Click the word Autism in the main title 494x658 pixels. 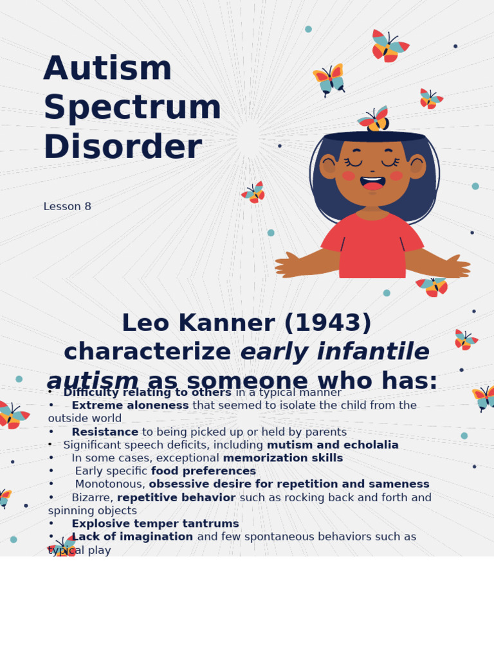pyautogui.click(x=107, y=69)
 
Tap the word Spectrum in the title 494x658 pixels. pyautogui.click(x=132, y=108)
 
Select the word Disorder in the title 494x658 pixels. pyautogui.click(x=122, y=147)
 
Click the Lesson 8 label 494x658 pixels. pyautogui.click(x=67, y=207)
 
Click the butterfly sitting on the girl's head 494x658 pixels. pyautogui.click(x=375, y=119)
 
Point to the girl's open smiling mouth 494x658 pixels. pyautogui.click(x=373, y=184)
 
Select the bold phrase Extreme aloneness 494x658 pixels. pyautogui.click(x=130, y=405)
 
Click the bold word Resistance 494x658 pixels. pyautogui.click(x=105, y=432)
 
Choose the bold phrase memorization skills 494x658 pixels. pyautogui.click(x=283, y=458)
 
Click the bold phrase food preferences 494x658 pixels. pyautogui.click(x=203, y=471)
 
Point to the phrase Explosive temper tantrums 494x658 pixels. pyautogui.click(x=155, y=524)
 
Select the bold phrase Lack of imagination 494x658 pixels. pyautogui.click(x=132, y=537)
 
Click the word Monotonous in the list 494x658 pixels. pyautogui.click(x=110, y=485)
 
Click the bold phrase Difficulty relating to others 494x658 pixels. pyautogui.click(x=147, y=393)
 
